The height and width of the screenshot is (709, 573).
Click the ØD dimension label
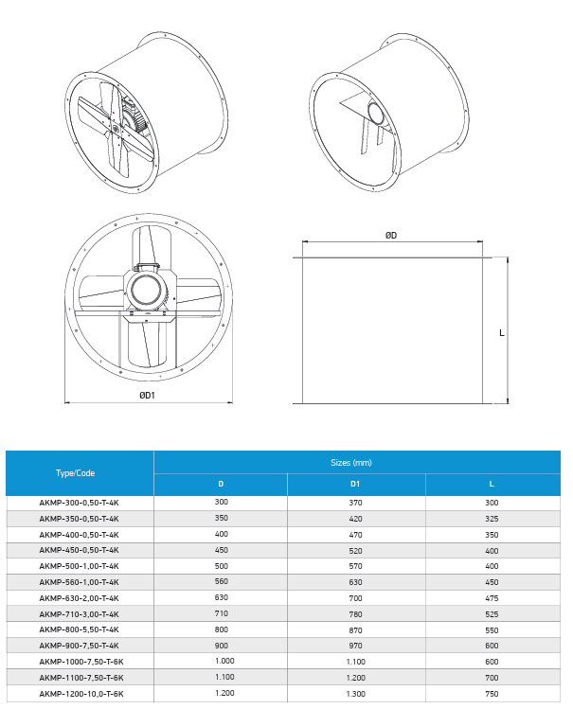coord(391,235)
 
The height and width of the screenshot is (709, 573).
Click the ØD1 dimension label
coord(147,395)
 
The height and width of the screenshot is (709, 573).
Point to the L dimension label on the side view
coord(502,333)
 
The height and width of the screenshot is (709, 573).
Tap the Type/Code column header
coord(75,473)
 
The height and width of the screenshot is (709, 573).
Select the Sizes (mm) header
coord(351,463)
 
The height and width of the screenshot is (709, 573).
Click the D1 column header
coord(355,484)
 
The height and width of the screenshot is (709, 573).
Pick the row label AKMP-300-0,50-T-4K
coord(80,503)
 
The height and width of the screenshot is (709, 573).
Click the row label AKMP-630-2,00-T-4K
coord(80,598)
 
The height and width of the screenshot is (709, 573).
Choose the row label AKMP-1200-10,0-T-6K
coord(81,694)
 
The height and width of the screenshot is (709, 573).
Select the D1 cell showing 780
coord(355,614)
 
